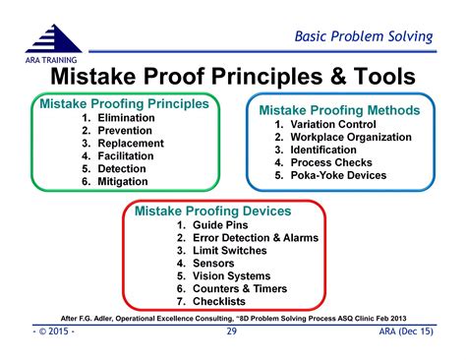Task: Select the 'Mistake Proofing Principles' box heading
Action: click(x=123, y=103)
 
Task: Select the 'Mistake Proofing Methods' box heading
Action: click(x=338, y=110)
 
